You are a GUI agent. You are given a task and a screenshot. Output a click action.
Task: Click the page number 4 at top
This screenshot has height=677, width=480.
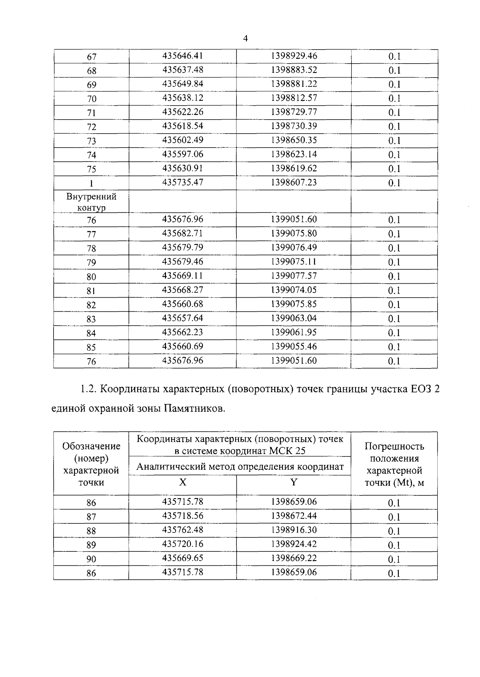245,39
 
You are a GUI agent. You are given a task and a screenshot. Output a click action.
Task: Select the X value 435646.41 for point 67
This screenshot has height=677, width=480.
183,56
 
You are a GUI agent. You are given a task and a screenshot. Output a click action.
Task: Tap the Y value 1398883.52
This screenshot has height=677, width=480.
294,70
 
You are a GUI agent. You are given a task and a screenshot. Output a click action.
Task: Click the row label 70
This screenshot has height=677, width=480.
92,99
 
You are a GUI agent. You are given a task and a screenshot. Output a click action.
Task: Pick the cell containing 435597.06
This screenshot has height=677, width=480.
183,154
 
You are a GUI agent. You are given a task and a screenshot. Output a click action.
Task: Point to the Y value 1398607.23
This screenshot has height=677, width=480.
294,182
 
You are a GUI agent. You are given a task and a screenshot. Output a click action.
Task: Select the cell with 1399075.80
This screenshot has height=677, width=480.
294,233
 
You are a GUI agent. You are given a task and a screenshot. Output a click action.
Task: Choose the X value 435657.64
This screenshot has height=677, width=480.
183,318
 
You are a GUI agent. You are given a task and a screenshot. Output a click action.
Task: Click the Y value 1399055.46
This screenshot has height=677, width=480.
294,346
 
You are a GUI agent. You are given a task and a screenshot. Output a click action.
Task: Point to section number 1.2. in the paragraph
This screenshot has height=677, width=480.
87,389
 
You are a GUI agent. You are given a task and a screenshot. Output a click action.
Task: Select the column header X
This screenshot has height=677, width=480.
183,482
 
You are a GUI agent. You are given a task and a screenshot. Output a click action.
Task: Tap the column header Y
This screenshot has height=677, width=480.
294,482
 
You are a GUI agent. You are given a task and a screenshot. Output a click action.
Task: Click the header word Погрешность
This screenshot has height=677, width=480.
394,446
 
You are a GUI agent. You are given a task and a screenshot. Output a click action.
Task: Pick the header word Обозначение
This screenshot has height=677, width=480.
92,446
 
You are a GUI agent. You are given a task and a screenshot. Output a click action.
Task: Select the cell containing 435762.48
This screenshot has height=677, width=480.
183,530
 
